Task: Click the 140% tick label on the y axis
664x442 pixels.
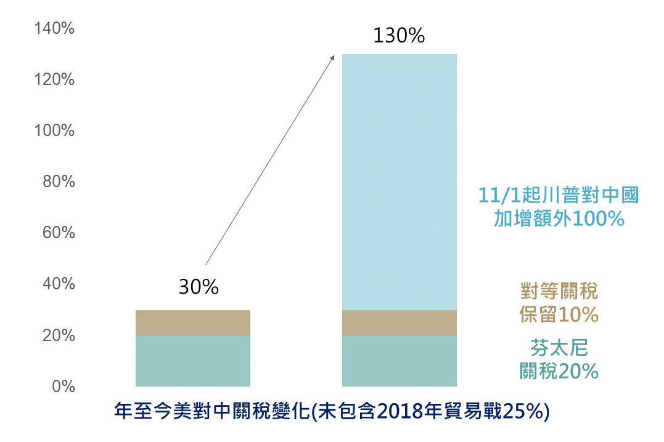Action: coord(54,28)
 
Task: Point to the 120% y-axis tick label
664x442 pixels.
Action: coord(54,79)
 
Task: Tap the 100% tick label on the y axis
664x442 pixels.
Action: coord(54,131)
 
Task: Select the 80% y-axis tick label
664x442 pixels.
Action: coord(58,182)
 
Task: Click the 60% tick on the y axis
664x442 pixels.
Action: coord(58,233)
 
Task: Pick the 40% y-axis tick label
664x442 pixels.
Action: coord(58,284)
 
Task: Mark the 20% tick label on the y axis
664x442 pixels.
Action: coord(58,336)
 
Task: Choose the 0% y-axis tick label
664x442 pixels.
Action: coord(62,387)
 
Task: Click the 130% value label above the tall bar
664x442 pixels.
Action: coord(399,36)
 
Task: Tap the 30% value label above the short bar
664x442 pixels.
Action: coord(199,287)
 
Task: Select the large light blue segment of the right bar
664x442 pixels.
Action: coord(399,182)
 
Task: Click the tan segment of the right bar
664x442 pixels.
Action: coord(399,323)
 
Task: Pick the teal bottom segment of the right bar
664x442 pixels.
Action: coord(399,361)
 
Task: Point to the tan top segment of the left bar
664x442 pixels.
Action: coord(192,323)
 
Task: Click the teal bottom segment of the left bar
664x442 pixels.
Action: coord(192,361)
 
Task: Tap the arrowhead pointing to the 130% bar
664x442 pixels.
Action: coord(332,57)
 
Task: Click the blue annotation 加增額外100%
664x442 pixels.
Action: coord(559,219)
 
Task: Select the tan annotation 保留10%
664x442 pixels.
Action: coord(559,315)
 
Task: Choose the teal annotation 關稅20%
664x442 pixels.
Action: coord(559,371)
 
